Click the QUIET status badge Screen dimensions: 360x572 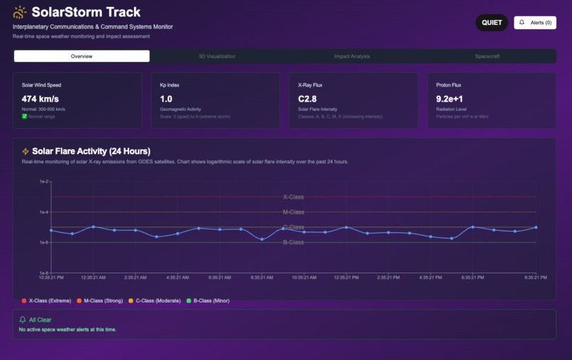(x=492, y=23)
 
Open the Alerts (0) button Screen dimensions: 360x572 (x=535, y=23)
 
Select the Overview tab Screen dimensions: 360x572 (x=82, y=56)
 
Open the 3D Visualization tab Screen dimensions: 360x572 (x=217, y=56)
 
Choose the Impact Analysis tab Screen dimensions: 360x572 (x=352, y=56)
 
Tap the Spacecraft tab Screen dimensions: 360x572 (x=488, y=56)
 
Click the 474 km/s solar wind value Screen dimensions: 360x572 (x=40, y=99)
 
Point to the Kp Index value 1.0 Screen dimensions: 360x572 (x=166, y=99)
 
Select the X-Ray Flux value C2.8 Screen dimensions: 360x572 (x=307, y=99)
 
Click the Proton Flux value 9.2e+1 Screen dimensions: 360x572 (x=450, y=99)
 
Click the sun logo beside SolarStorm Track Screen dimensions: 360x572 (x=20, y=12)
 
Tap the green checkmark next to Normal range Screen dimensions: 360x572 (x=25, y=116)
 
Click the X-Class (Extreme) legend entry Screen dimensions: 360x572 (x=47, y=301)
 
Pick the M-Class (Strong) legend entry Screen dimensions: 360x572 (x=100, y=301)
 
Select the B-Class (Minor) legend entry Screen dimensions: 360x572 (x=208, y=301)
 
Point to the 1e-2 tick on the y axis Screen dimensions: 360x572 (x=44, y=182)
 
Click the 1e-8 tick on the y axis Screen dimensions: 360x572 (x=44, y=273)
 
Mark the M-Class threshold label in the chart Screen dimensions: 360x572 (x=294, y=212)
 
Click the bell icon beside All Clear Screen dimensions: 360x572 (x=23, y=320)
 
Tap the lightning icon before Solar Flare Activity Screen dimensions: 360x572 (x=26, y=151)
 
